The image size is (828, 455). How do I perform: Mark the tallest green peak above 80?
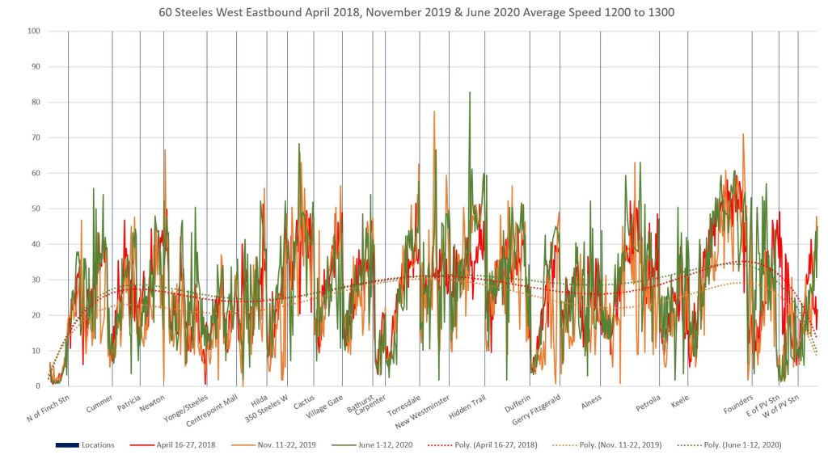pos(470,93)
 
